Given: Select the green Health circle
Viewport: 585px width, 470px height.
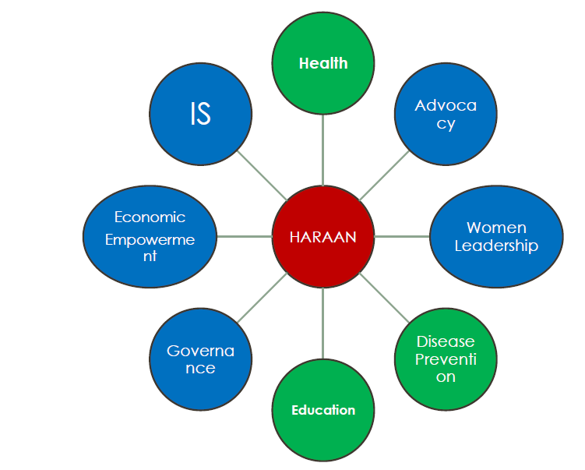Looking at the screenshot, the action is [x=322, y=63].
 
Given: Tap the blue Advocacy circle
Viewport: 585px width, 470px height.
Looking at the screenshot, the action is [x=446, y=115].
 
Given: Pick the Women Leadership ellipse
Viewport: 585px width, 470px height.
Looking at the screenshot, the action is [x=496, y=237].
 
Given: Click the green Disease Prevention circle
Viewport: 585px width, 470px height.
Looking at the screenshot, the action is [x=446, y=359].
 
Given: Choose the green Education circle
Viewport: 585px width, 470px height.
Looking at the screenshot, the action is [x=323, y=410].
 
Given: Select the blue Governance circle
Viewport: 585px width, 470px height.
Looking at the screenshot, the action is [x=200, y=359].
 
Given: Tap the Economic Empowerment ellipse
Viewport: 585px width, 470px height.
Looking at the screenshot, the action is [x=150, y=236].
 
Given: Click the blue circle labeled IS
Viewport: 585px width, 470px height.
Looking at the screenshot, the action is [x=200, y=115].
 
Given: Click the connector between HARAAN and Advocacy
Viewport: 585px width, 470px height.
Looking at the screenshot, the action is [x=383, y=176].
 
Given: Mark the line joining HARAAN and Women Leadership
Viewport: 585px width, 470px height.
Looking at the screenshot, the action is [x=401, y=236].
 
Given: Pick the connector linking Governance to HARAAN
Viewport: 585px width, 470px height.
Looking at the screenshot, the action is [x=262, y=298].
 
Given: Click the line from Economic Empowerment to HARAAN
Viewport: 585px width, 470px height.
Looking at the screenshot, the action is [x=244, y=236].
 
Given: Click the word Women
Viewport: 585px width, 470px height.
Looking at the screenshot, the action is [x=496, y=228].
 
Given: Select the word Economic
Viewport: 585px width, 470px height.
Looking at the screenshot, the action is [x=150, y=217].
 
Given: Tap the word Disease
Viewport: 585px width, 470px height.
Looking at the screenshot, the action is [x=446, y=341].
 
